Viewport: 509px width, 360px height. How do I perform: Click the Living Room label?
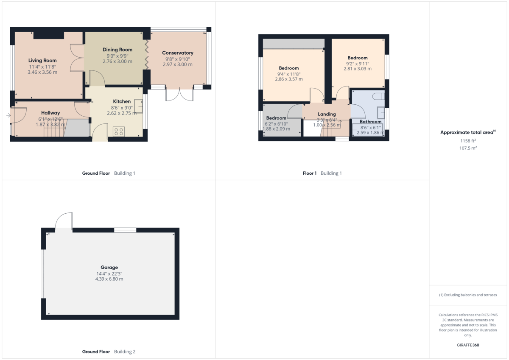(x=42, y=61)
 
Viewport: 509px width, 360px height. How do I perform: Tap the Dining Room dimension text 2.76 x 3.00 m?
(x=117, y=61)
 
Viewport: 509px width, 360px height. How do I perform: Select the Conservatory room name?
(x=177, y=53)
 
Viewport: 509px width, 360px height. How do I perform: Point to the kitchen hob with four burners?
(x=119, y=131)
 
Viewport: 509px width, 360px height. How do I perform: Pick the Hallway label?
(x=50, y=113)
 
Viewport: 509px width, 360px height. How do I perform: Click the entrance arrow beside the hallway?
(x=8, y=115)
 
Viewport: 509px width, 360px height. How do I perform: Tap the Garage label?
(x=109, y=268)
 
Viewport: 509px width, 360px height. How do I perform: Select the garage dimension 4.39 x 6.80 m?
(x=109, y=279)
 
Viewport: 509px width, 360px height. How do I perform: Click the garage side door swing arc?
(x=63, y=220)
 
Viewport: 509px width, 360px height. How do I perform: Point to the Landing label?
(x=327, y=114)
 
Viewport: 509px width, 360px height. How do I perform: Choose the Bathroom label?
(x=371, y=122)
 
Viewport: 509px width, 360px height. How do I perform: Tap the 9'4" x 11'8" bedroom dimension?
(x=288, y=74)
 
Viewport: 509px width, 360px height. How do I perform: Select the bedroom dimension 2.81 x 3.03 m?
(x=357, y=69)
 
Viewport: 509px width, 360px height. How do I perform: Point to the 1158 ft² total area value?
(x=467, y=140)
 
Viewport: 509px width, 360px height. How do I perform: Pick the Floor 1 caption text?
(x=310, y=173)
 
